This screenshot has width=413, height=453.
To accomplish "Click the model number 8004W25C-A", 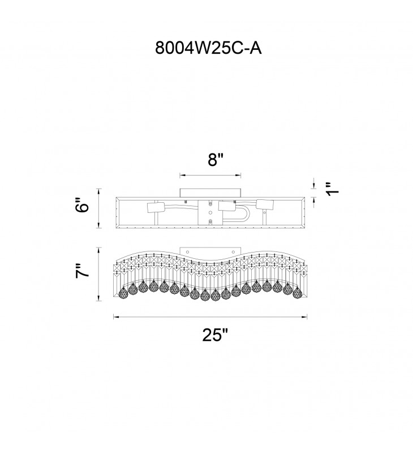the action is point(208,48).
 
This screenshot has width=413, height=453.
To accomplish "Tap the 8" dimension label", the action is point(216,159).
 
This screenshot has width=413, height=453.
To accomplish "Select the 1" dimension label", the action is point(333,189).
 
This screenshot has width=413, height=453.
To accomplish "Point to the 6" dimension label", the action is point(83,205).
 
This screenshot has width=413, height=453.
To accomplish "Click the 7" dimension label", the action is point(83,271).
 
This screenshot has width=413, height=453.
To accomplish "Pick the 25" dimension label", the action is point(216,335).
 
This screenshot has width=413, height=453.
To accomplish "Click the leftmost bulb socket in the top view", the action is point(156,207).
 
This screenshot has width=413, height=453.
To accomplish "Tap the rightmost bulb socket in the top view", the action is point(265,204).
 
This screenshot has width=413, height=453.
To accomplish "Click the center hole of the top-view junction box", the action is point(210,212).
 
